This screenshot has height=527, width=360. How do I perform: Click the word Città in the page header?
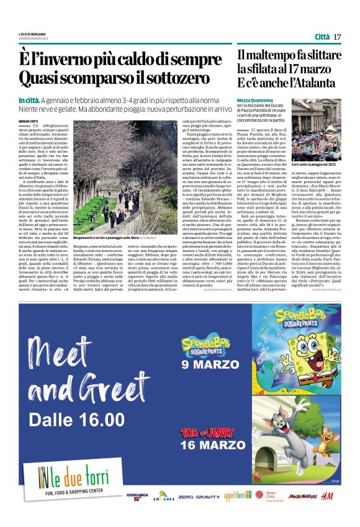click(x=322, y=37)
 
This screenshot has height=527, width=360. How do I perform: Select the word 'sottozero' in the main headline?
click(x=172, y=79)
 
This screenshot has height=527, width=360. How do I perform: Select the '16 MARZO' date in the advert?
click(x=204, y=462)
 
